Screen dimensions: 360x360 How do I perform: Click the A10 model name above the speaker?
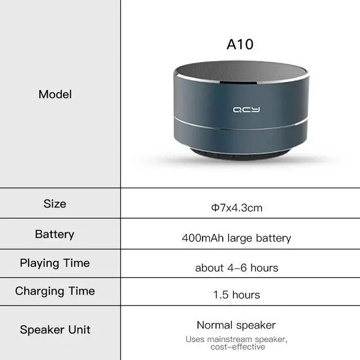point(240,44)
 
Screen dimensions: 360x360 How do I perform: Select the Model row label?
point(55,94)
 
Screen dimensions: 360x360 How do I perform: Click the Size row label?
point(55,204)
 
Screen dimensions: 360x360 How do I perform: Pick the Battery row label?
point(55,234)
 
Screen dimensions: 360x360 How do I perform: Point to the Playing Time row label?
point(55,263)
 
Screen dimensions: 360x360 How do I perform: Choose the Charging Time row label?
point(55,291)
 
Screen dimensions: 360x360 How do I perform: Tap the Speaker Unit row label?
point(55,330)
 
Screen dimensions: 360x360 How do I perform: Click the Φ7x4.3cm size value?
point(237,208)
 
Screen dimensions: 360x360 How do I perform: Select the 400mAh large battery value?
point(236,238)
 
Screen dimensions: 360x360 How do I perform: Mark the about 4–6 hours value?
point(236,268)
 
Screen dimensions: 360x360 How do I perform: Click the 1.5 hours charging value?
point(236,295)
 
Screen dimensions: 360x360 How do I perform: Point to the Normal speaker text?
point(236,325)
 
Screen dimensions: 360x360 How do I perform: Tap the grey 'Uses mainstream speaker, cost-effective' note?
point(236,343)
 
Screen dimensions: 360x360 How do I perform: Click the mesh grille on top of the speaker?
point(241,73)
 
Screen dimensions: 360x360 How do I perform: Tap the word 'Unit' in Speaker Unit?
point(78,330)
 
